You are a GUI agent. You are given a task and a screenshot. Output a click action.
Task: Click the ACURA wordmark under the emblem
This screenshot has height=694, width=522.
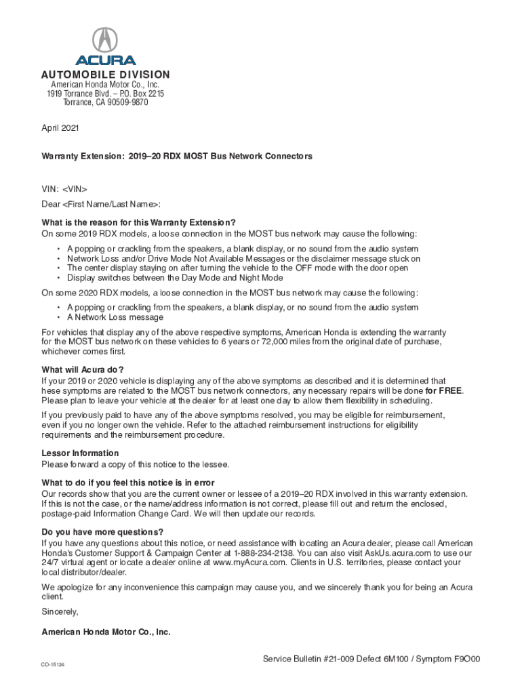(105, 60)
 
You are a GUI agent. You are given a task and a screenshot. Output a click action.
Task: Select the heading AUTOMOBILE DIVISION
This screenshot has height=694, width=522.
(106, 75)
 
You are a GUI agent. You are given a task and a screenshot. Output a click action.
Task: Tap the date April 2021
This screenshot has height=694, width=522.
(60, 127)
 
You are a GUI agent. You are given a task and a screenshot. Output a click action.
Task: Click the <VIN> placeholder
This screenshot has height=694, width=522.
(75, 189)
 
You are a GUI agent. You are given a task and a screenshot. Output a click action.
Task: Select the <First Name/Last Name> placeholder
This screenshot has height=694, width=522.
(111, 205)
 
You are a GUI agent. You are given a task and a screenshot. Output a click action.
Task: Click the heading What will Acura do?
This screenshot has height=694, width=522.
(83, 369)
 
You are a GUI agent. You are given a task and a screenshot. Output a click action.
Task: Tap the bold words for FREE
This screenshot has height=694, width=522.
(444, 391)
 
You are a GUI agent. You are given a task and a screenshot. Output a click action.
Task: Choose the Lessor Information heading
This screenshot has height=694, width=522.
(80, 453)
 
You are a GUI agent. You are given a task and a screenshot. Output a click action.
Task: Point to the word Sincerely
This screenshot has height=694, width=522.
(60, 612)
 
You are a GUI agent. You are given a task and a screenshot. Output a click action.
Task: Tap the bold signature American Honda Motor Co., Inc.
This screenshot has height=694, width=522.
(106, 632)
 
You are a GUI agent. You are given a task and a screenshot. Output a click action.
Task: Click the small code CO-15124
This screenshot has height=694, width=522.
(53, 665)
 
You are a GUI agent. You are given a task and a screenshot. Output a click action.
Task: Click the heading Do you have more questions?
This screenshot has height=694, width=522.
(102, 531)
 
